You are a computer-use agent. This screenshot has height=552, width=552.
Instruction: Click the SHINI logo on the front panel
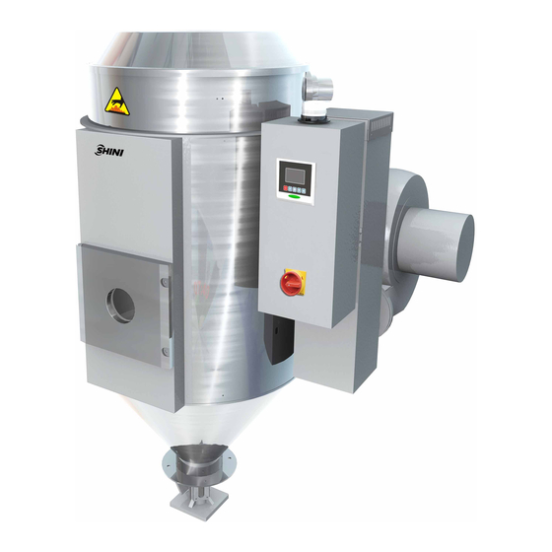pyautogui.click(x=109, y=150)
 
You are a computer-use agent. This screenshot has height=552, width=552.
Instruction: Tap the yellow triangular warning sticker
pyautogui.click(x=117, y=103)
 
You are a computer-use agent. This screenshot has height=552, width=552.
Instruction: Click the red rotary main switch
pyautogui.click(x=291, y=283)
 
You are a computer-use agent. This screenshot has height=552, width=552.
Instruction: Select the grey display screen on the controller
pyautogui.click(x=295, y=175)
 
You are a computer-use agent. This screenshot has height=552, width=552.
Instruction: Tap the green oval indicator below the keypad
pyautogui.click(x=294, y=197)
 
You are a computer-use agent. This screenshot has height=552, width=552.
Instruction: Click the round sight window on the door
pyautogui.click(x=120, y=306)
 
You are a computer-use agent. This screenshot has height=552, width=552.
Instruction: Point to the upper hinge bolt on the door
pyautogui.click(x=164, y=282)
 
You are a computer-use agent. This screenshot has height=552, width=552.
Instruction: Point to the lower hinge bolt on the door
pyautogui.click(x=164, y=351)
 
